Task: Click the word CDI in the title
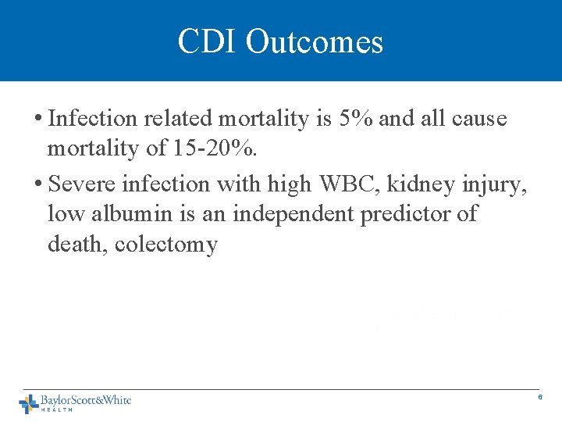click(x=207, y=41)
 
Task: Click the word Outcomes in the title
click(x=315, y=41)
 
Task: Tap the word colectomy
click(x=166, y=245)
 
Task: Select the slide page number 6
click(x=539, y=399)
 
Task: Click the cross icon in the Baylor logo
click(x=29, y=403)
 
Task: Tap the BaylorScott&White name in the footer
click(x=86, y=400)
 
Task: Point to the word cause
click(x=482, y=119)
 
